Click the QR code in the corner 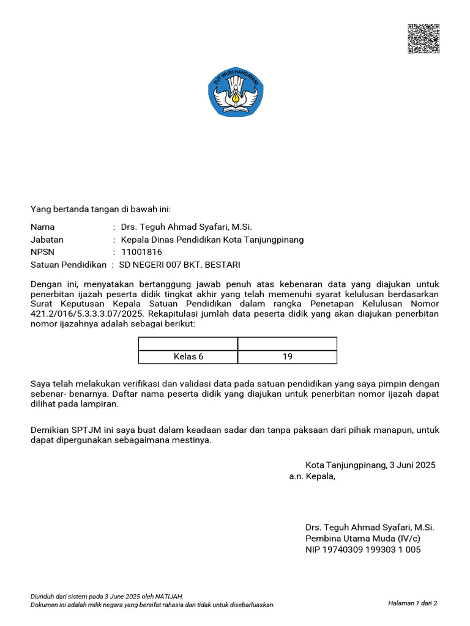coord(423,39)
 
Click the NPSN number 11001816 coord(141,252)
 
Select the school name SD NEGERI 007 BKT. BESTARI coord(181,265)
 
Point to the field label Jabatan coord(47,240)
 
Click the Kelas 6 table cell coord(188,357)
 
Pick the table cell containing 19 coord(287,357)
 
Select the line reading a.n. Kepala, coord(312,476)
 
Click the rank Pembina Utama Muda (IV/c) coord(363,539)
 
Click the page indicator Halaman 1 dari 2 coord(412,603)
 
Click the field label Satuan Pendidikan coord(69,265)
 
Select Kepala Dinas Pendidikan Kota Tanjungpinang coord(212,240)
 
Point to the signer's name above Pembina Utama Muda coord(370,527)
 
